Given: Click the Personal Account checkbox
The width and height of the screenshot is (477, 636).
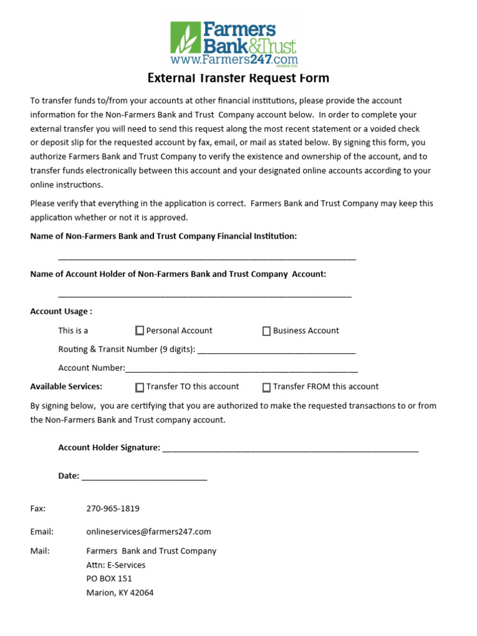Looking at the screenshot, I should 140,331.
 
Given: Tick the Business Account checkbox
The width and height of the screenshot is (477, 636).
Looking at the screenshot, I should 266,331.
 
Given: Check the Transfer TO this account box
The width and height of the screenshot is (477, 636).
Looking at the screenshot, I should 140,388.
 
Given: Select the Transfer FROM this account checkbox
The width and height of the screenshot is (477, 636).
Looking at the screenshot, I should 266,388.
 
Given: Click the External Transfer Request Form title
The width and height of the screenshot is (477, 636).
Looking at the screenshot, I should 238,78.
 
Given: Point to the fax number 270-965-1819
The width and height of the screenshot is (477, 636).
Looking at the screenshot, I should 112,508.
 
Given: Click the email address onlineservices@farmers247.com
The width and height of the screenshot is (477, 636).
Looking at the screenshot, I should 148,532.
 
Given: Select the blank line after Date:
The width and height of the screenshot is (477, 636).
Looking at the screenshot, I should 144,478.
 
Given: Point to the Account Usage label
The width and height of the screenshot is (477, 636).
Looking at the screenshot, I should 61,311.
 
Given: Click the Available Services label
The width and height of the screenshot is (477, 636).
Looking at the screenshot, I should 66,386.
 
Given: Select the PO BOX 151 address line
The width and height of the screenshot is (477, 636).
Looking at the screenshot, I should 109,579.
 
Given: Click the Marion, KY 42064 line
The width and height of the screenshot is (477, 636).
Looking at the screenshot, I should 120,593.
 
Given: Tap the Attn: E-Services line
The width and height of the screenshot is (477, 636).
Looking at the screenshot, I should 116,565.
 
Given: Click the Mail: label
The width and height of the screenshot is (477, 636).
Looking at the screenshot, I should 40,551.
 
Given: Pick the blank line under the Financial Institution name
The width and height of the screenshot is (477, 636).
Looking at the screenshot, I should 207,257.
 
